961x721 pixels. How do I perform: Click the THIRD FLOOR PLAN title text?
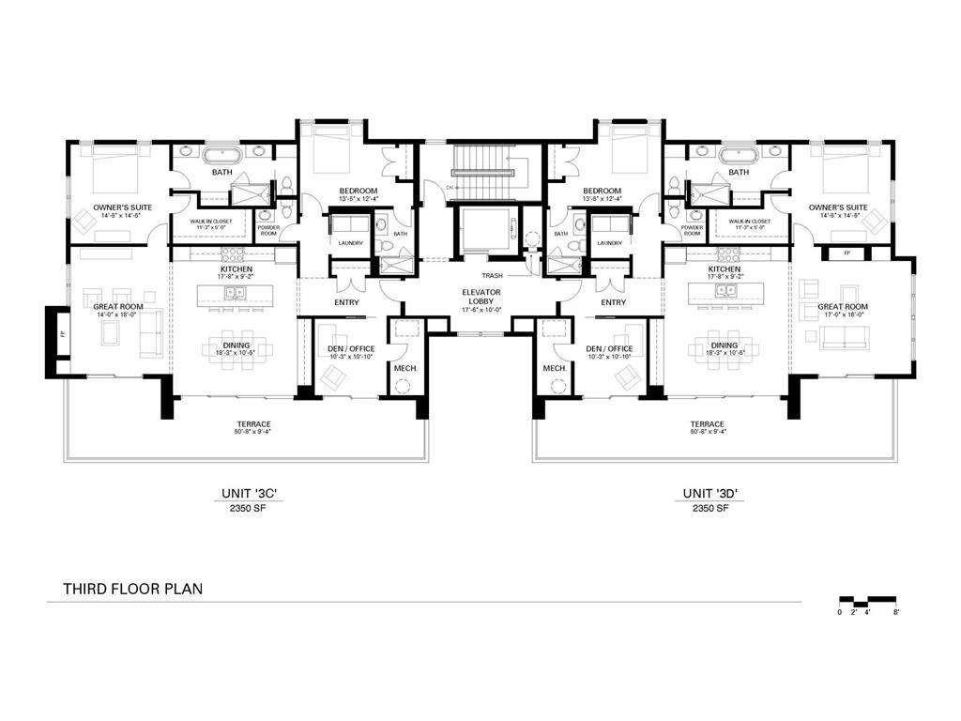click(x=132, y=590)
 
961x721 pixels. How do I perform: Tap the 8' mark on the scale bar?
click(x=897, y=612)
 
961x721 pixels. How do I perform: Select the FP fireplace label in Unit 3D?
click(x=847, y=253)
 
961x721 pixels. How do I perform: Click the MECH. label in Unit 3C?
click(x=405, y=368)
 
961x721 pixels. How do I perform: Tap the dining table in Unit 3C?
click(x=237, y=348)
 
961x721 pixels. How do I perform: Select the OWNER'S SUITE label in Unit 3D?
click(x=838, y=207)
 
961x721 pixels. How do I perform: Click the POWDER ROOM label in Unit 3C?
click(x=268, y=230)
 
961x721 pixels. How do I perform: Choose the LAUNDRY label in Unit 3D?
click(x=609, y=243)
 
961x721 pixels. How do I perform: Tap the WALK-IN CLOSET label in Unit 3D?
click(x=739, y=222)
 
